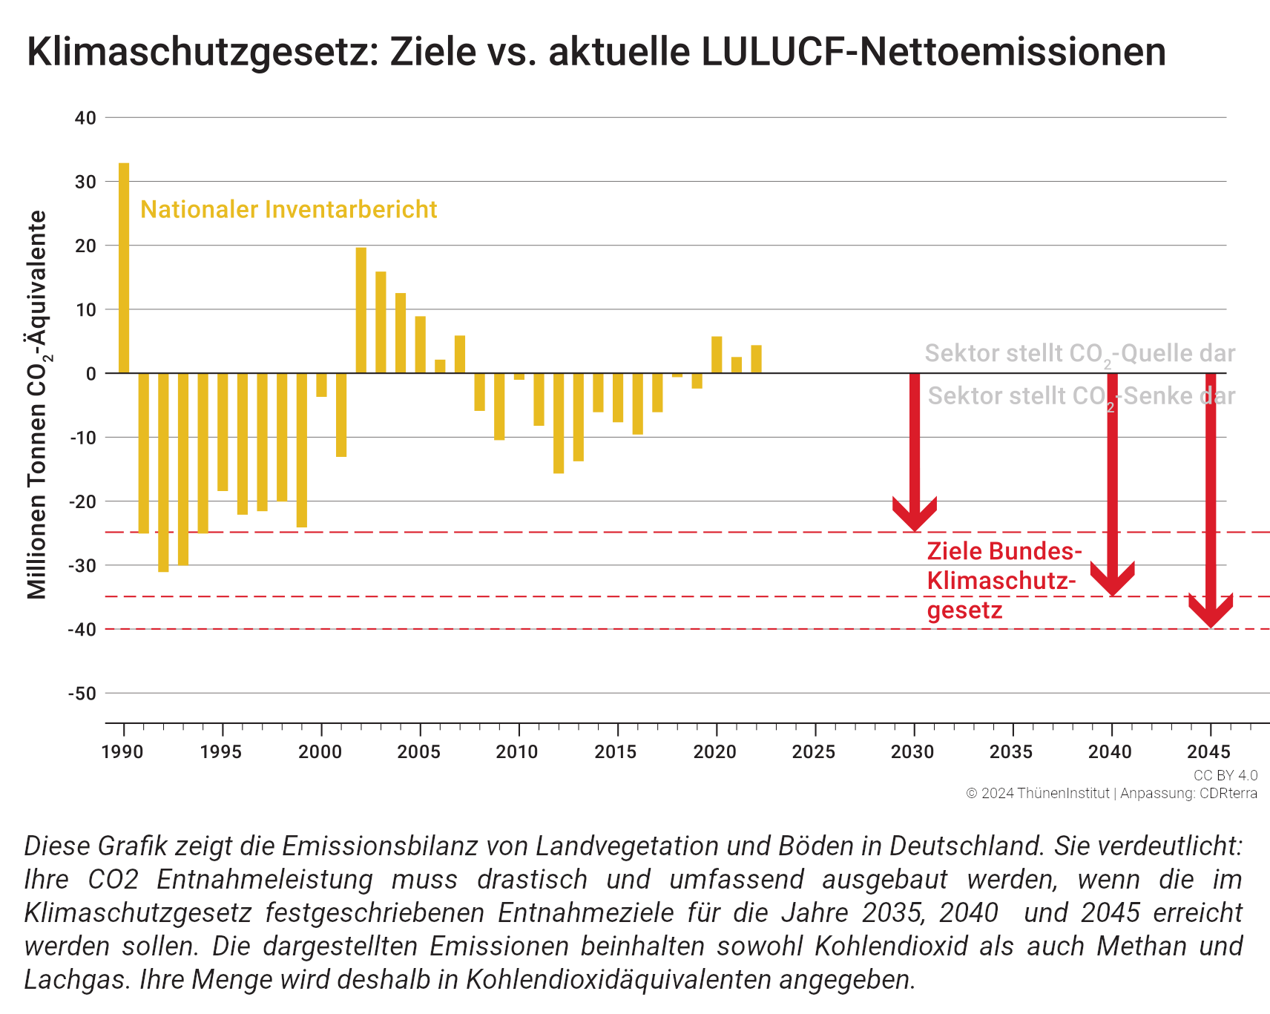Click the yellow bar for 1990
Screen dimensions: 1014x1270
tap(124, 268)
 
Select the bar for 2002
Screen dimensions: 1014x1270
tap(361, 310)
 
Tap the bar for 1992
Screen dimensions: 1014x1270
tap(163, 473)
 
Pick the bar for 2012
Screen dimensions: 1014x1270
tap(559, 423)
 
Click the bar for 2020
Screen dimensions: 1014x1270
tap(717, 355)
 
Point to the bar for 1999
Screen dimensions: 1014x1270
tap(302, 450)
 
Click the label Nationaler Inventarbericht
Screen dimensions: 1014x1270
tap(289, 210)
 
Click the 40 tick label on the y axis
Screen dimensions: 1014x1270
tap(85, 118)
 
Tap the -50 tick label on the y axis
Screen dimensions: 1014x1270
tap(82, 694)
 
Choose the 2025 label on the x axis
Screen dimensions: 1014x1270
tap(814, 752)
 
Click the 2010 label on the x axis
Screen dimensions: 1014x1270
tap(517, 752)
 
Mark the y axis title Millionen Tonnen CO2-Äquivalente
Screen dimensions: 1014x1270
tap(38, 405)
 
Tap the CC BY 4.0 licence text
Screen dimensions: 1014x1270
tap(1225, 775)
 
